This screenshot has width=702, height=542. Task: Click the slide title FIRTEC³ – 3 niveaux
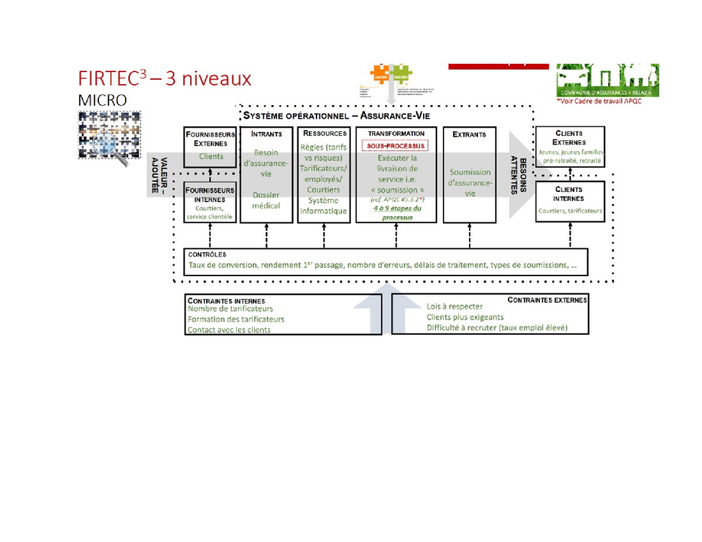(x=165, y=78)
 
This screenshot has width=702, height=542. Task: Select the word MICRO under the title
(x=102, y=100)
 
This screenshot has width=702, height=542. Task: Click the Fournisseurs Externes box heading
(x=209, y=138)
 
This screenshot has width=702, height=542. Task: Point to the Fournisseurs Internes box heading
(x=209, y=194)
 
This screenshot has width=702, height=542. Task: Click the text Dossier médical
(x=266, y=200)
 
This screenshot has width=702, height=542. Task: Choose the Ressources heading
(x=323, y=134)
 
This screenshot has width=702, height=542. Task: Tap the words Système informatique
(x=323, y=206)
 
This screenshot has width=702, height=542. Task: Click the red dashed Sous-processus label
(x=395, y=146)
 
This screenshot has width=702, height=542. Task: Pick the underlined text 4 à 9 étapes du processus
(x=395, y=213)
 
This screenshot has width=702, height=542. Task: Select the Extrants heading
(x=469, y=134)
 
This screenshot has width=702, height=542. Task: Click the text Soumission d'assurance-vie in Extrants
(x=469, y=182)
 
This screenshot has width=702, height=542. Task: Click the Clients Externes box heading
(x=571, y=137)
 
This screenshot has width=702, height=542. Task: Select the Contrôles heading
(x=204, y=255)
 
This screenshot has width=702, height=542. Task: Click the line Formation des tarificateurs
(x=236, y=319)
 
